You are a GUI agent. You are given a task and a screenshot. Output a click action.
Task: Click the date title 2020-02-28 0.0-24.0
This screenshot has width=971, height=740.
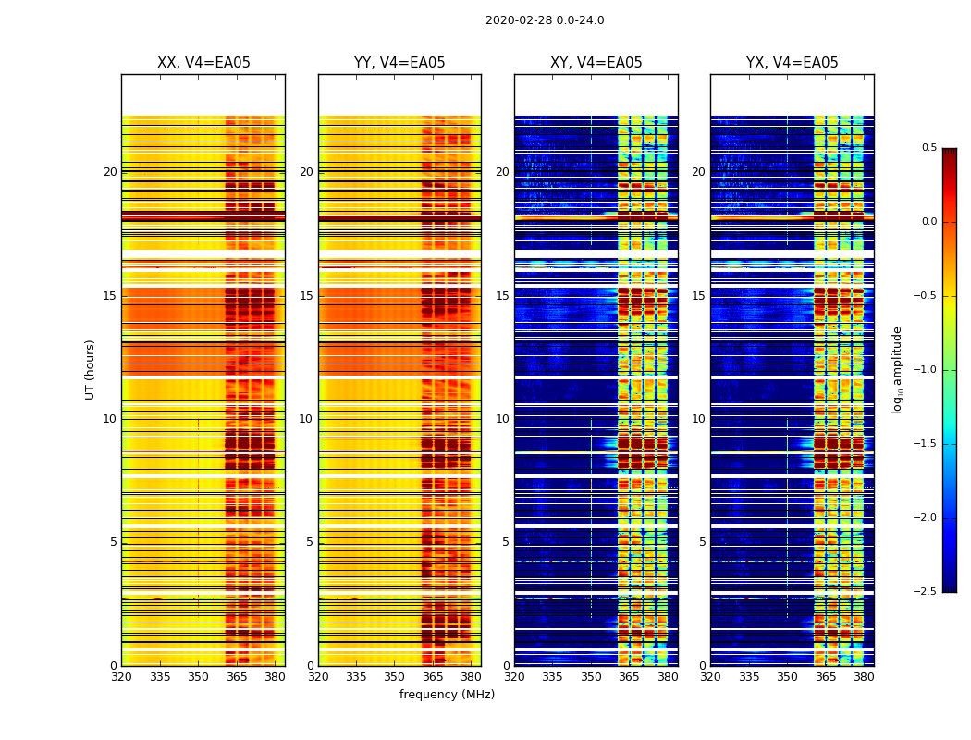point(545,20)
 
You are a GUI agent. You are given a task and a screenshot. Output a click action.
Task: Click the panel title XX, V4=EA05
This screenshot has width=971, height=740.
point(203,63)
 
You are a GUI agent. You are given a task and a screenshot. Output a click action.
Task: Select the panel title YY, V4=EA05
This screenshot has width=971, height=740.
point(399,63)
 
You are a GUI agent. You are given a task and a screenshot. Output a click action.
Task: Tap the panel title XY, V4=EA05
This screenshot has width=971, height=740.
point(596,63)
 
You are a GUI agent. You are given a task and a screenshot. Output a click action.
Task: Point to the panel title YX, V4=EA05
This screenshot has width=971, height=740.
point(793,63)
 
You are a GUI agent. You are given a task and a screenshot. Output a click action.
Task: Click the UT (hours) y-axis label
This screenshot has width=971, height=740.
point(91,369)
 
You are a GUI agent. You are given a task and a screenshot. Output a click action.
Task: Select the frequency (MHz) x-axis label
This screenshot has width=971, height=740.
point(447,695)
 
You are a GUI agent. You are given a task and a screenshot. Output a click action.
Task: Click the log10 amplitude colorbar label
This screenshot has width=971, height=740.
point(897,369)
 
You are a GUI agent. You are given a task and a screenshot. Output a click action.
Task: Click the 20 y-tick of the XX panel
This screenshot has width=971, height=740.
point(110,172)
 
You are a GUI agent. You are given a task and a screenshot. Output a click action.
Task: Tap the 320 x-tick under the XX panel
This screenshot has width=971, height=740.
point(121,677)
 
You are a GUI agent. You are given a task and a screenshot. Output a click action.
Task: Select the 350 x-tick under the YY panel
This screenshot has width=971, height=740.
point(395,677)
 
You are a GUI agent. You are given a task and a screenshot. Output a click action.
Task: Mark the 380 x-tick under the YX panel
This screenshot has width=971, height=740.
point(864,677)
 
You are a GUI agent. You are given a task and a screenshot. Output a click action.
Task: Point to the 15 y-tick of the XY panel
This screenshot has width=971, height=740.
point(502,296)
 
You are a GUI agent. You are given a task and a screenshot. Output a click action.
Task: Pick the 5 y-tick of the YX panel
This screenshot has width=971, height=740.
point(702,542)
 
